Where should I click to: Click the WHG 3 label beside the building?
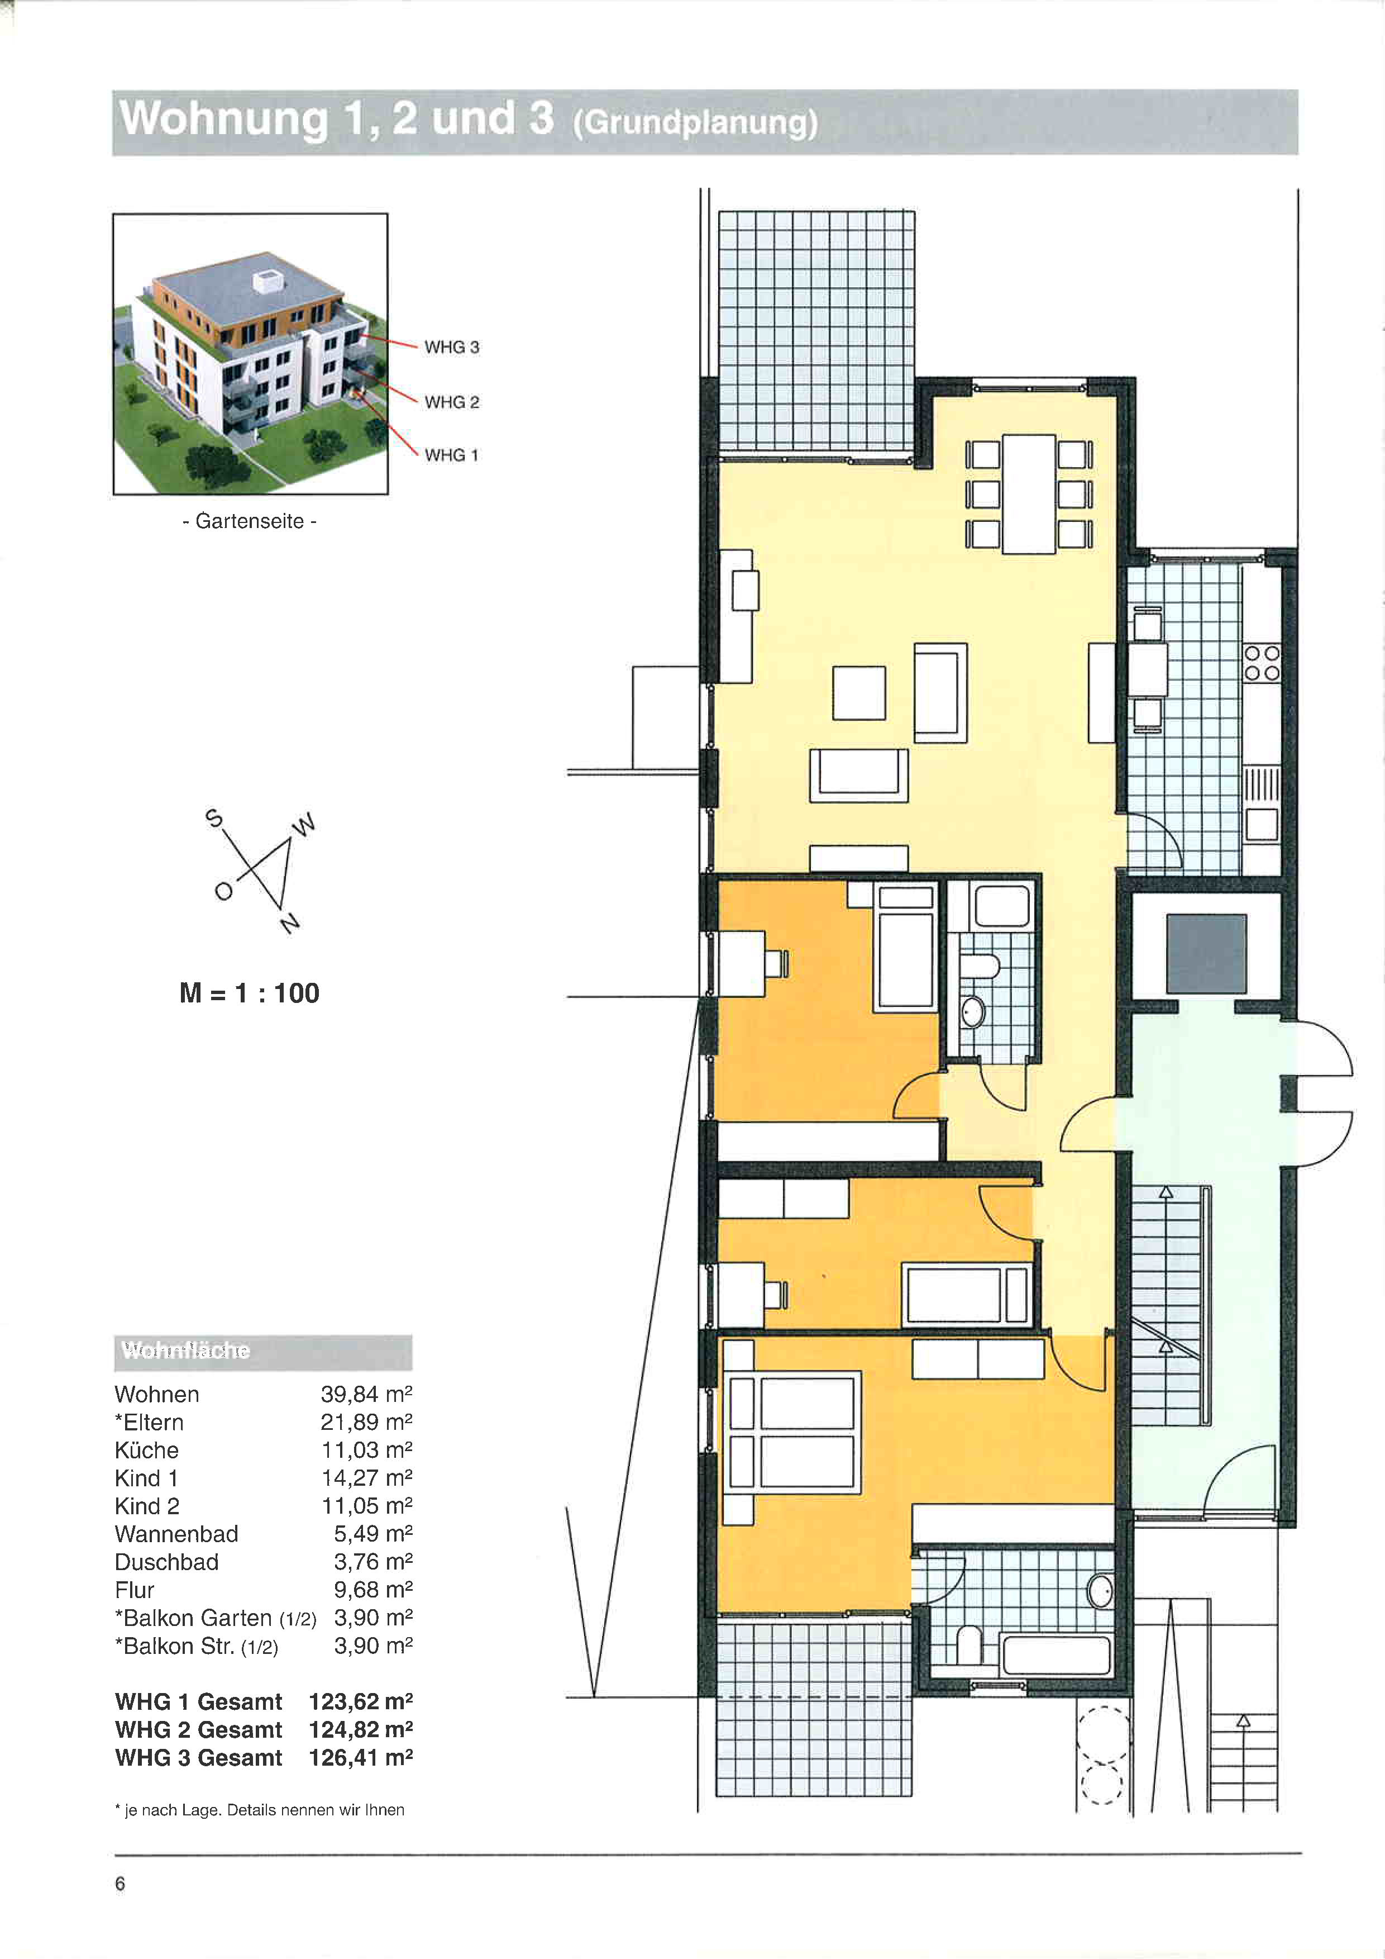click(452, 347)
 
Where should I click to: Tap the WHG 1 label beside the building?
click(452, 455)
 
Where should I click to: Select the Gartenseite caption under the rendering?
click(249, 521)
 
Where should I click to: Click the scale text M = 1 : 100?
click(249, 993)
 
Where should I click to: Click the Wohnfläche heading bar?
click(262, 1352)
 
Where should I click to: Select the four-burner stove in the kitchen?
click(1262, 663)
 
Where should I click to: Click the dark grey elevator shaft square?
click(1206, 954)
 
